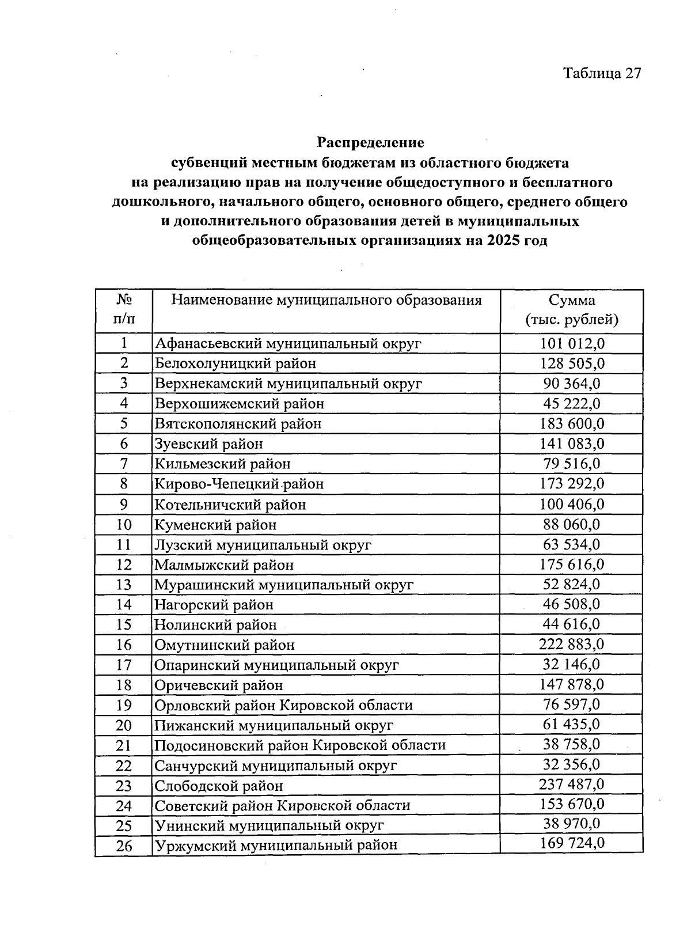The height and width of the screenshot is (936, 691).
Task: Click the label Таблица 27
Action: pos(602,73)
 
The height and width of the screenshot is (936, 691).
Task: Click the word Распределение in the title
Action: pos(371,142)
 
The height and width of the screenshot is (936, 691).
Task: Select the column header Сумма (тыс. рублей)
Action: pos(571,310)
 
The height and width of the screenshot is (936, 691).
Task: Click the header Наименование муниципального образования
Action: pos(326,300)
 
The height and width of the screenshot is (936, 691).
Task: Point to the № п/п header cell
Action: pos(124,310)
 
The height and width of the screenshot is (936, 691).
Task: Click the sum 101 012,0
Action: pos(572,344)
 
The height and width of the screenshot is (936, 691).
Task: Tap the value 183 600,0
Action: pos(572,424)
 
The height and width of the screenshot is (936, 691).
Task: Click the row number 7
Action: pos(124,464)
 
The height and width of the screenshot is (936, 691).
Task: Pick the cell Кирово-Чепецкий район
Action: pos(239,484)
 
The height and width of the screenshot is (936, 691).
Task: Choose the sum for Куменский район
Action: pos(572,524)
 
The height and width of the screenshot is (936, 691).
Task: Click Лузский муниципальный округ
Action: pos(263,544)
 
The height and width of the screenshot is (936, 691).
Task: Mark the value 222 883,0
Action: pos(572,645)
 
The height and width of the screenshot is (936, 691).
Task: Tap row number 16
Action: pos(124,645)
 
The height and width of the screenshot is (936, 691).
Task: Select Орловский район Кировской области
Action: pos(283,705)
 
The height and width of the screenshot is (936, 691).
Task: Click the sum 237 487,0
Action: pos(572,785)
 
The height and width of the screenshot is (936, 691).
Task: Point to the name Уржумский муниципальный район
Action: pos(276,846)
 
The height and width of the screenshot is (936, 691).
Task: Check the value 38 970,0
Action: pos(572,824)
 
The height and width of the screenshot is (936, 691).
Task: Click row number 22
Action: pos(124,766)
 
